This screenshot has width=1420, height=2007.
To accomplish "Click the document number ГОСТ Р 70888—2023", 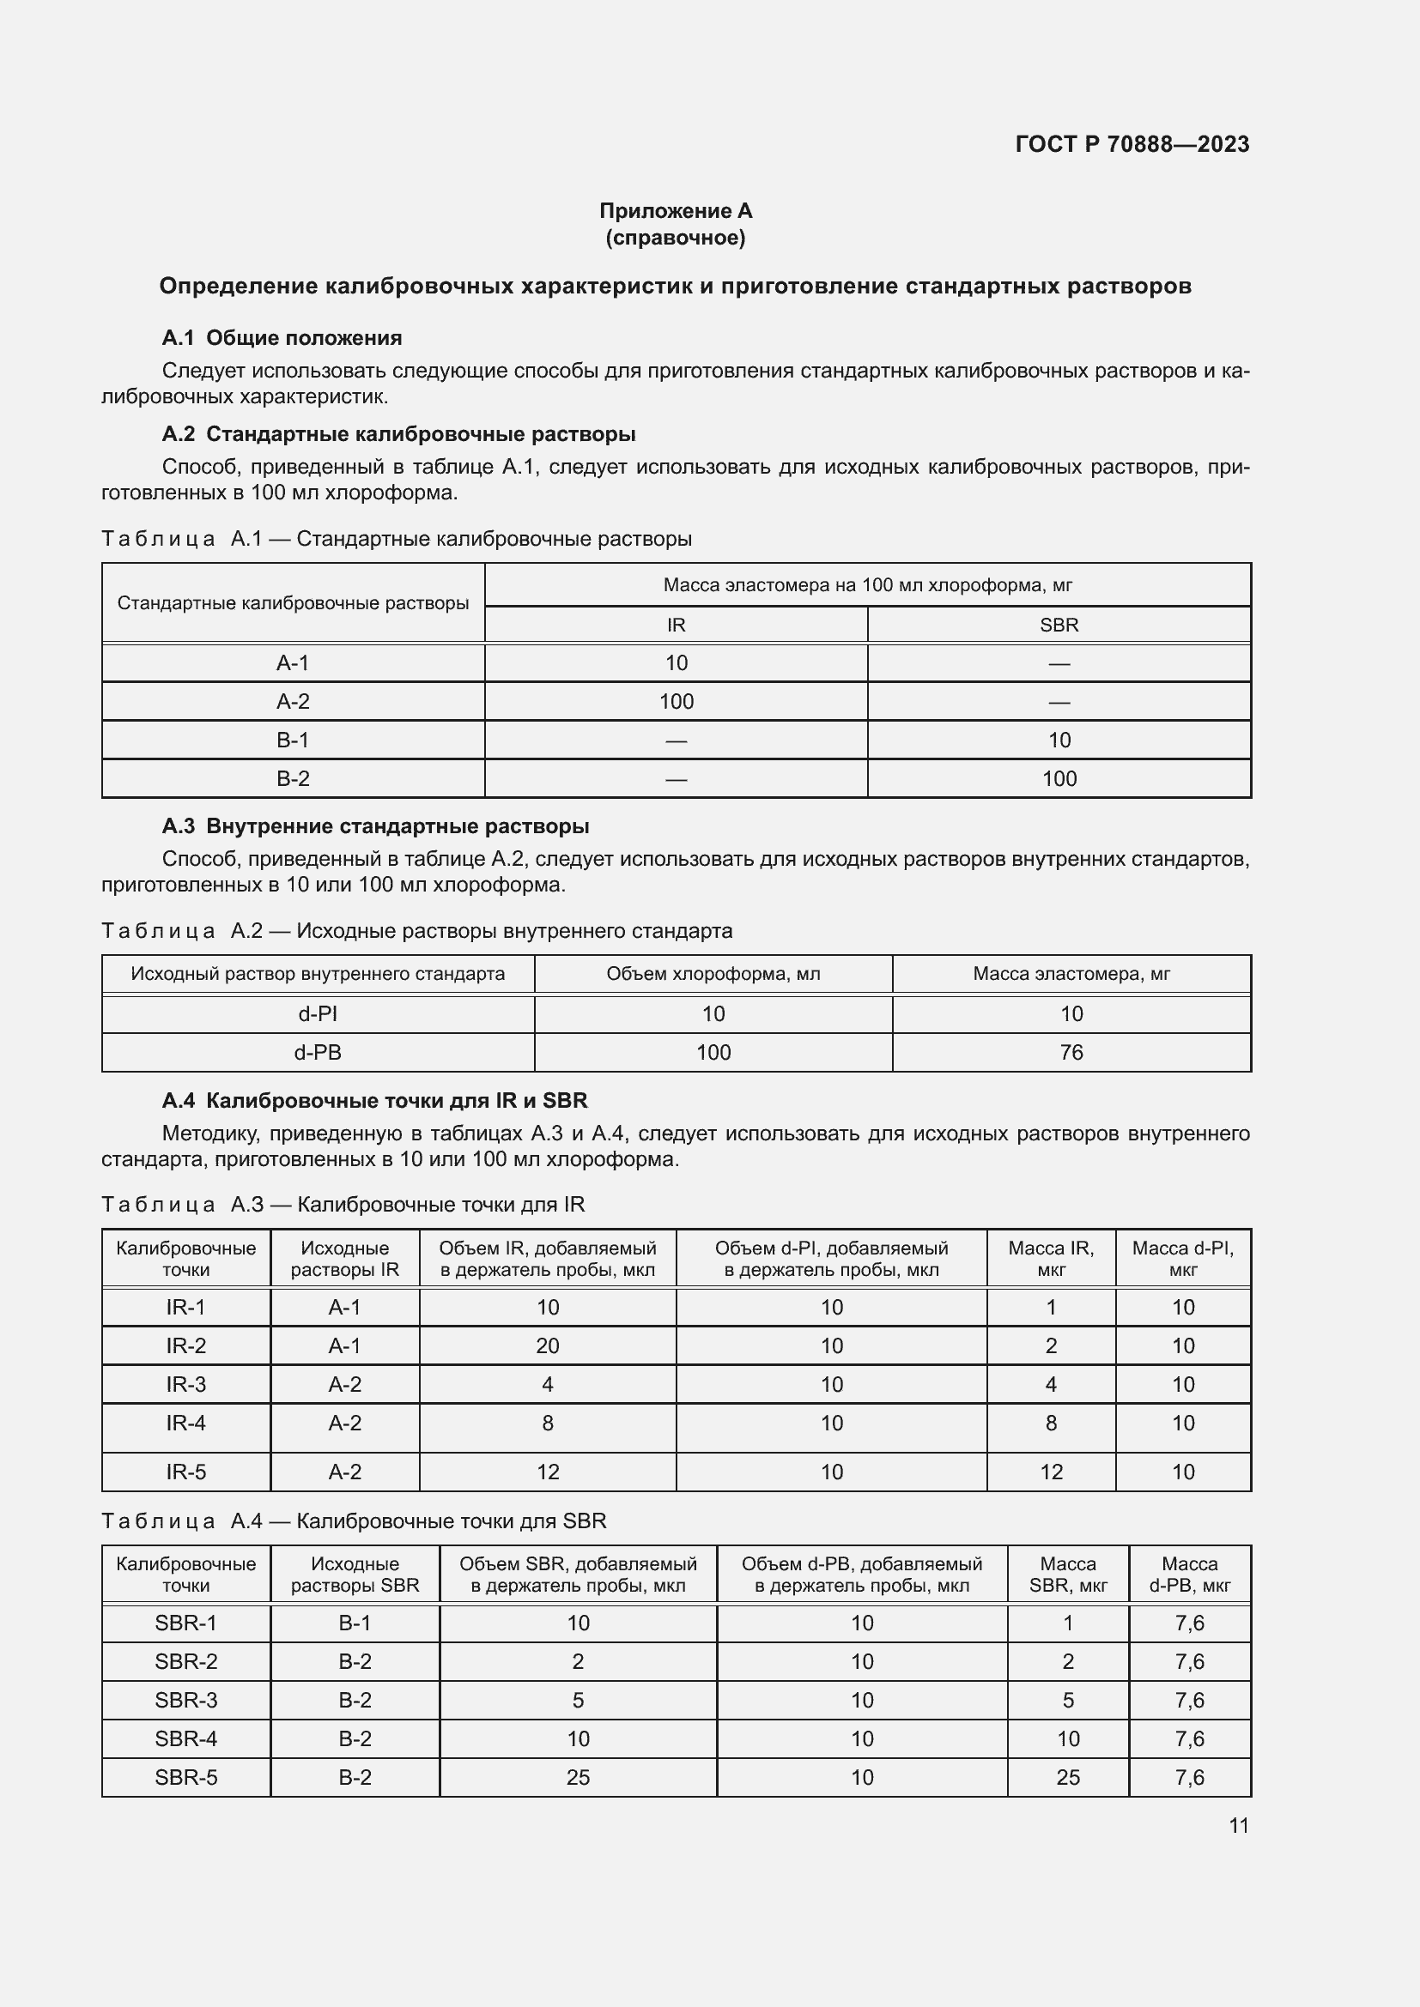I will click(x=1132, y=144).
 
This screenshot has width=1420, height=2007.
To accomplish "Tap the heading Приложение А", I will click(x=675, y=211).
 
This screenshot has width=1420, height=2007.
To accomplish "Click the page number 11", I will click(x=1238, y=1825).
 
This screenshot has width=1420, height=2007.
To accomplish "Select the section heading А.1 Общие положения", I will click(x=282, y=338).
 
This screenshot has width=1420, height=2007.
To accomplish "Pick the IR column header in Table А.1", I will click(x=676, y=625).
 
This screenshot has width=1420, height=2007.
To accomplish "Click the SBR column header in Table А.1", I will click(x=1059, y=625).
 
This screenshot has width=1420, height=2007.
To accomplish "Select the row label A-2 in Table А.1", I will click(x=293, y=701).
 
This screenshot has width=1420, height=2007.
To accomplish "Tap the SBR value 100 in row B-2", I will click(x=1059, y=778).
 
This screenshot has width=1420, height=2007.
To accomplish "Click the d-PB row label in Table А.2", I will click(x=318, y=1053).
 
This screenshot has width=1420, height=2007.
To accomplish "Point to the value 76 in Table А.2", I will click(x=1071, y=1053).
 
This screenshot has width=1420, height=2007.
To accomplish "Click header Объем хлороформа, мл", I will click(x=713, y=974).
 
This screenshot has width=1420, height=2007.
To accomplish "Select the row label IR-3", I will click(x=185, y=1385).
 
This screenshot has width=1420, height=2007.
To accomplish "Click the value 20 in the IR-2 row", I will click(x=548, y=1346).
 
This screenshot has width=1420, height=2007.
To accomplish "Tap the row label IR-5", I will click(x=185, y=1472).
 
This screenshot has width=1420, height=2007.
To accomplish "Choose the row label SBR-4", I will click(x=185, y=1738).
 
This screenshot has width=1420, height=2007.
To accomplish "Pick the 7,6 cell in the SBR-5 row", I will click(x=1189, y=1777).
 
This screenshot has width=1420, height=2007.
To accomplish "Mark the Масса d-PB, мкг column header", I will click(x=1189, y=1575).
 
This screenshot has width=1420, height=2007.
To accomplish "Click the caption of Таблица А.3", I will click(x=343, y=1205).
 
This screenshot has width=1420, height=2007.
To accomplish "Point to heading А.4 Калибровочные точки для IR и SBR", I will click(x=374, y=1101).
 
